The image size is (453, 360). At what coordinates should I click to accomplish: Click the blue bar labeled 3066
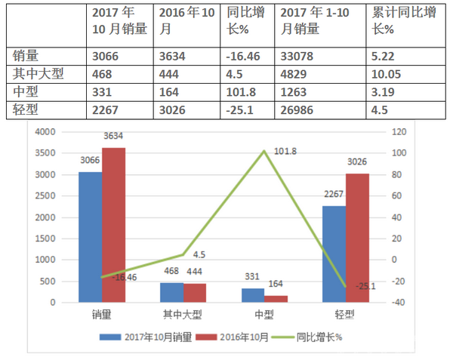coord(91,237)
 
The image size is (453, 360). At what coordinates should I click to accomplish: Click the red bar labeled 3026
coord(357,238)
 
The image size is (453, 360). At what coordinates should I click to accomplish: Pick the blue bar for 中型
coord(253,295)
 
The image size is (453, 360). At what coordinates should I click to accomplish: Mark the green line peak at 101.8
coord(264,151)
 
